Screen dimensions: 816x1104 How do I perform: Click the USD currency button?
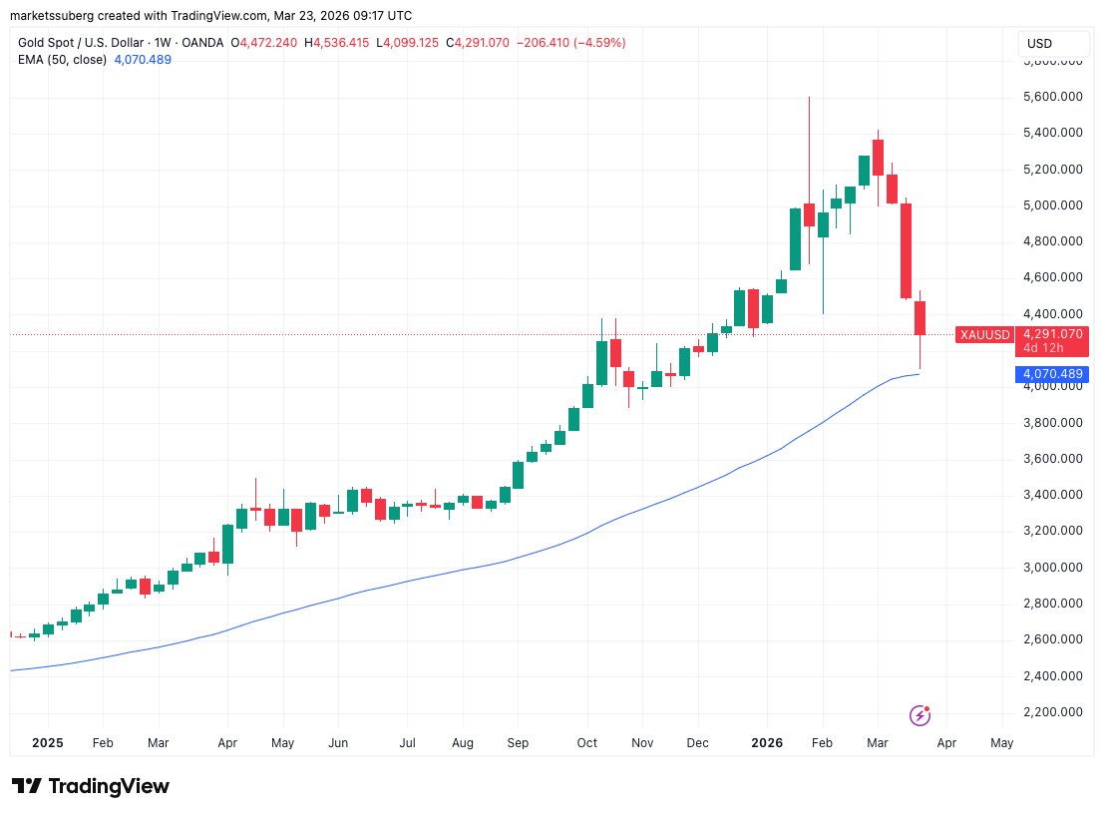coord(1039,44)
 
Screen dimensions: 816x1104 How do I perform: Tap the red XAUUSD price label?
coord(984,335)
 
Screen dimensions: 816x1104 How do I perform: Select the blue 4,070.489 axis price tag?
coord(1051,374)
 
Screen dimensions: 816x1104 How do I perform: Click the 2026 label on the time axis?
coord(768,743)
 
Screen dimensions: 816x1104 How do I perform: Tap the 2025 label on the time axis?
coord(48,743)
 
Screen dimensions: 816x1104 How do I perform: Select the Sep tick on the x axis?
coord(518,743)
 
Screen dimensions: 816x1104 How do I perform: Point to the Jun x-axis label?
coord(337,743)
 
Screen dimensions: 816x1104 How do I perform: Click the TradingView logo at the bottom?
coord(91,786)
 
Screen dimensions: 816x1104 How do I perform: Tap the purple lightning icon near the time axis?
coord(920,715)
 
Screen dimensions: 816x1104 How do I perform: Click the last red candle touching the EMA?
coord(920,318)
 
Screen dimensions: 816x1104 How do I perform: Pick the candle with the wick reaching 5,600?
coord(809,214)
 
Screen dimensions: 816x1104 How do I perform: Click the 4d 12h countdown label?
coord(1037,348)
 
